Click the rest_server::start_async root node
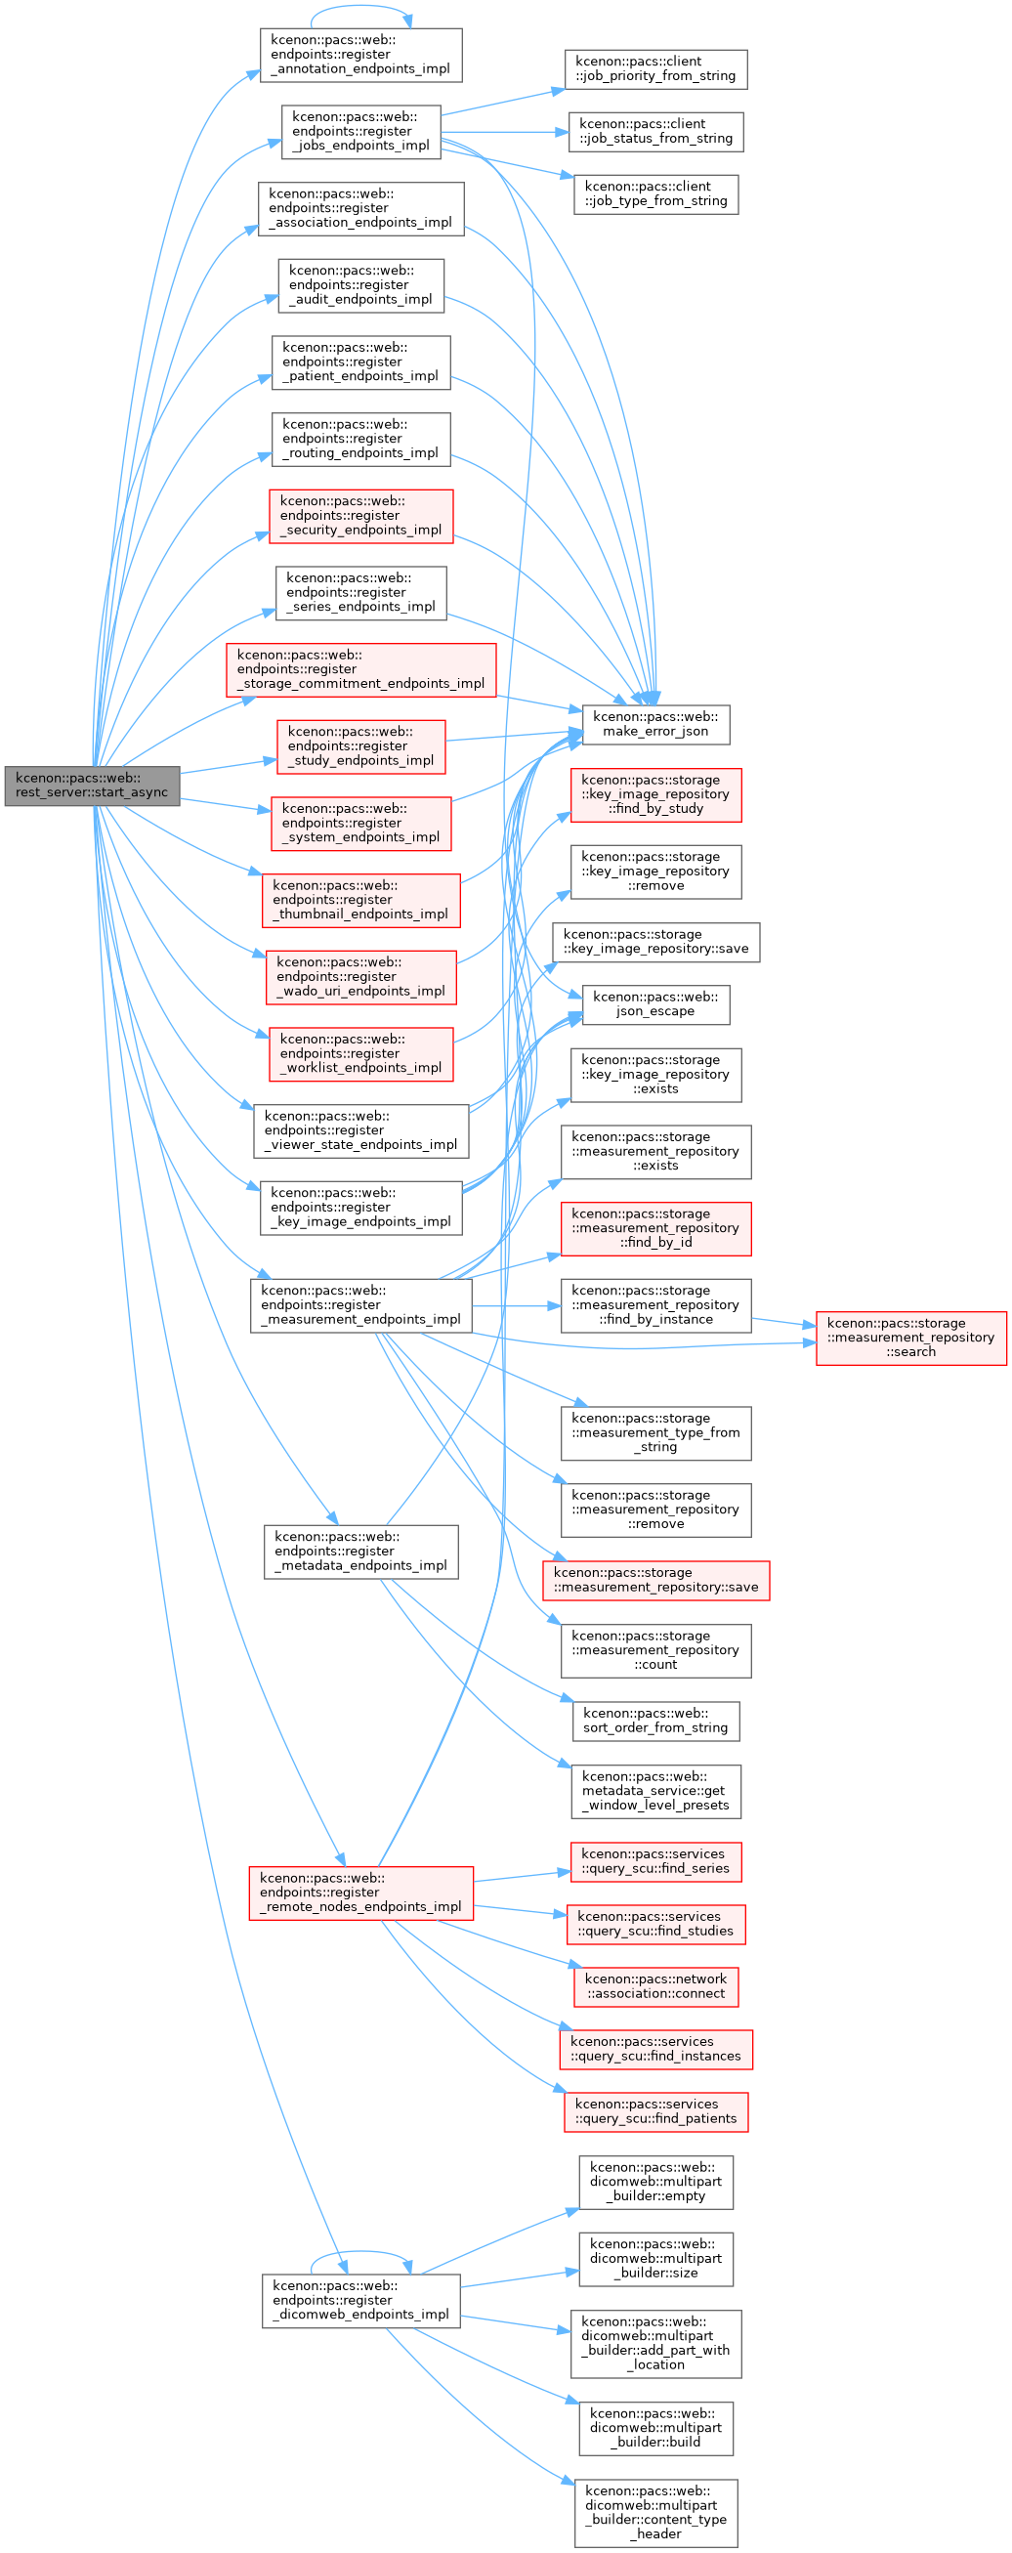(x=92, y=785)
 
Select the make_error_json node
(x=655, y=723)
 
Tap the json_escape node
(x=655, y=1004)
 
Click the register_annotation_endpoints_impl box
(x=360, y=56)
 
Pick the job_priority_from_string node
(x=655, y=69)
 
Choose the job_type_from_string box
(x=655, y=194)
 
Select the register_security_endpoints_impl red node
(x=360, y=516)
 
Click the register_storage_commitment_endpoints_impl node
(x=360, y=670)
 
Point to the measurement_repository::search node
(x=911, y=1338)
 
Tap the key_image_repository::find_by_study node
(x=655, y=795)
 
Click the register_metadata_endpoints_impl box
(x=360, y=1552)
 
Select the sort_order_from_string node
(x=655, y=1721)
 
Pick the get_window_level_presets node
(x=655, y=1792)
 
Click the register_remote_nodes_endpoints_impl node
(x=360, y=1893)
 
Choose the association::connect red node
(x=655, y=1986)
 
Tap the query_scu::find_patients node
(x=655, y=2111)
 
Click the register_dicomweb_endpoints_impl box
(x=360, y=2300)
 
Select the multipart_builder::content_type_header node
(x=655, y=2513)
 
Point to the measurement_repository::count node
(x=655, y=1650)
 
